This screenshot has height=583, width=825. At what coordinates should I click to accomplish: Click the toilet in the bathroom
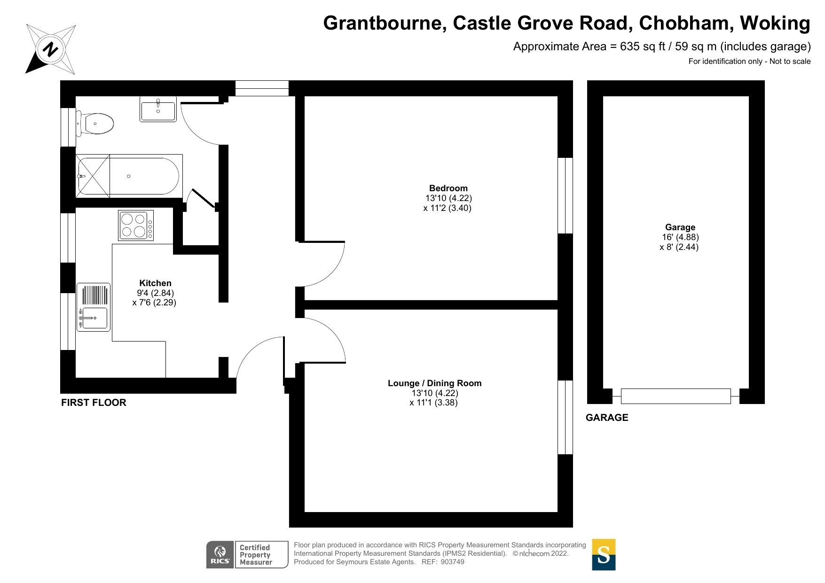96,124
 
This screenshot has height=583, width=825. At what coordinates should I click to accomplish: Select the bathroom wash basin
158,109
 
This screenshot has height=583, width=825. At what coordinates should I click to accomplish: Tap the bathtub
129,176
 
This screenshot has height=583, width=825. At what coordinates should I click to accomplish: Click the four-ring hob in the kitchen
136,225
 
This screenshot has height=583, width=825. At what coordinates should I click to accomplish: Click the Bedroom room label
448,188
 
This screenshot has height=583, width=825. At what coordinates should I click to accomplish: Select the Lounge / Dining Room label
434,383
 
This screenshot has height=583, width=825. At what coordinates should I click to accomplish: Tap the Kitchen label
155,283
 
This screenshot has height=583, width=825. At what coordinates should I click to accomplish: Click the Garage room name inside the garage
680,227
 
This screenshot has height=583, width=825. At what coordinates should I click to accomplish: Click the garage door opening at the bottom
676,396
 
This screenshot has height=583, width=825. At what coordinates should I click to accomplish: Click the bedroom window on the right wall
565,195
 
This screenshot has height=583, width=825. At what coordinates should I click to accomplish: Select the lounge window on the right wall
565,417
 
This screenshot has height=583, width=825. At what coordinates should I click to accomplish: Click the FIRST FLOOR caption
94,403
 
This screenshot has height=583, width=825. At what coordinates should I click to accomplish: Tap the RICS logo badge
220,555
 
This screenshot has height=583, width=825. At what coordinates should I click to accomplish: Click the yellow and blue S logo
603,555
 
